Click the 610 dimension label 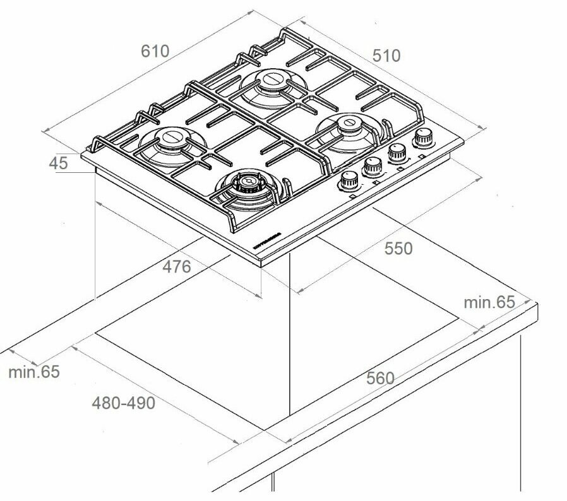[x=155, y=51]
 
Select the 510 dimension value [x=386, y=56]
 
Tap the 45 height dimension [x=58, y=163]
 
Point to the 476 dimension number [x=176, y=267]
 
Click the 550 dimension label [x=398, y=249]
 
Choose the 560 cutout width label [x=380, y=379]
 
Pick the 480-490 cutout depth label [x=123, y=403]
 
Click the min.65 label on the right [x=489, y=302]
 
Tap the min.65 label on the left [x=34, y=372]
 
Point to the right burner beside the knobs [x=347, y=126]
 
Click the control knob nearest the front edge [x=349, y=181]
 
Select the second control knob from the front [x=373, y=166]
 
